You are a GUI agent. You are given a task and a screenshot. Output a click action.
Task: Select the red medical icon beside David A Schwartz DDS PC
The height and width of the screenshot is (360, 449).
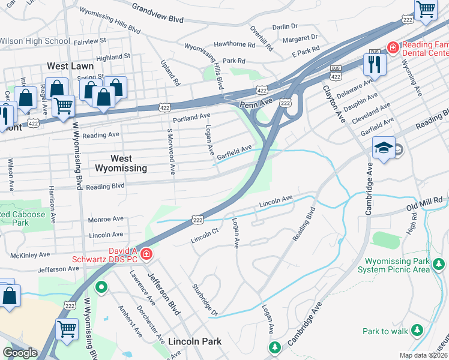145,255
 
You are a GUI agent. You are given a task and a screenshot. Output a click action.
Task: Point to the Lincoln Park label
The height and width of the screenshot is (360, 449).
194,341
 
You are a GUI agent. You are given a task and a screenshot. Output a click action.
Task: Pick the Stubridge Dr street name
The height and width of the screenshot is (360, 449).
205,299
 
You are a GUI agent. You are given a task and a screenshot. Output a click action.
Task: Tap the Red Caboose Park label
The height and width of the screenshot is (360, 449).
22,218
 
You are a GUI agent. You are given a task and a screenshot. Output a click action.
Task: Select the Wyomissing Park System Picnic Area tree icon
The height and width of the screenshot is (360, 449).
439,263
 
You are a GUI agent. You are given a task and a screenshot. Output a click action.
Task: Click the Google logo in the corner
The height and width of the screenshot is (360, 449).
20,352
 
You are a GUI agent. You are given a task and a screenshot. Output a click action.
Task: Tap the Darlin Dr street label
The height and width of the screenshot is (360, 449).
285,27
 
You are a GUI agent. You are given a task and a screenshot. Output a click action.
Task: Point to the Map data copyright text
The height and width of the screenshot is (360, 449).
424,355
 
